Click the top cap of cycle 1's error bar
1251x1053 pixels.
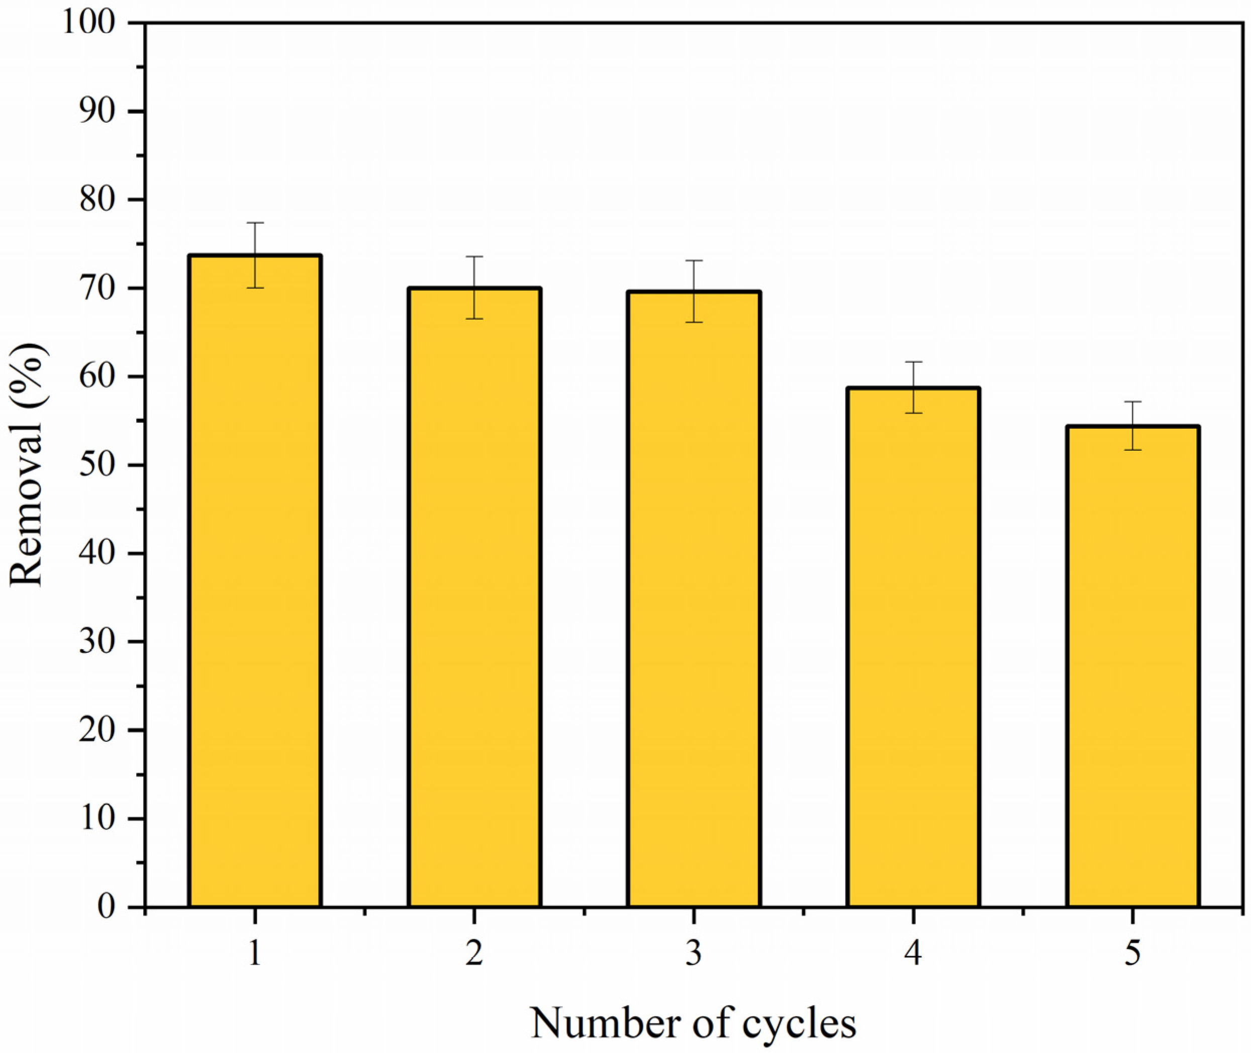point(255,223)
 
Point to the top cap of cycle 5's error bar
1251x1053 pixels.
point(1133,402)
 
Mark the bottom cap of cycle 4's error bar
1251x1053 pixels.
point(913,413)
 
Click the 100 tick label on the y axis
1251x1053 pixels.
point(96,24)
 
